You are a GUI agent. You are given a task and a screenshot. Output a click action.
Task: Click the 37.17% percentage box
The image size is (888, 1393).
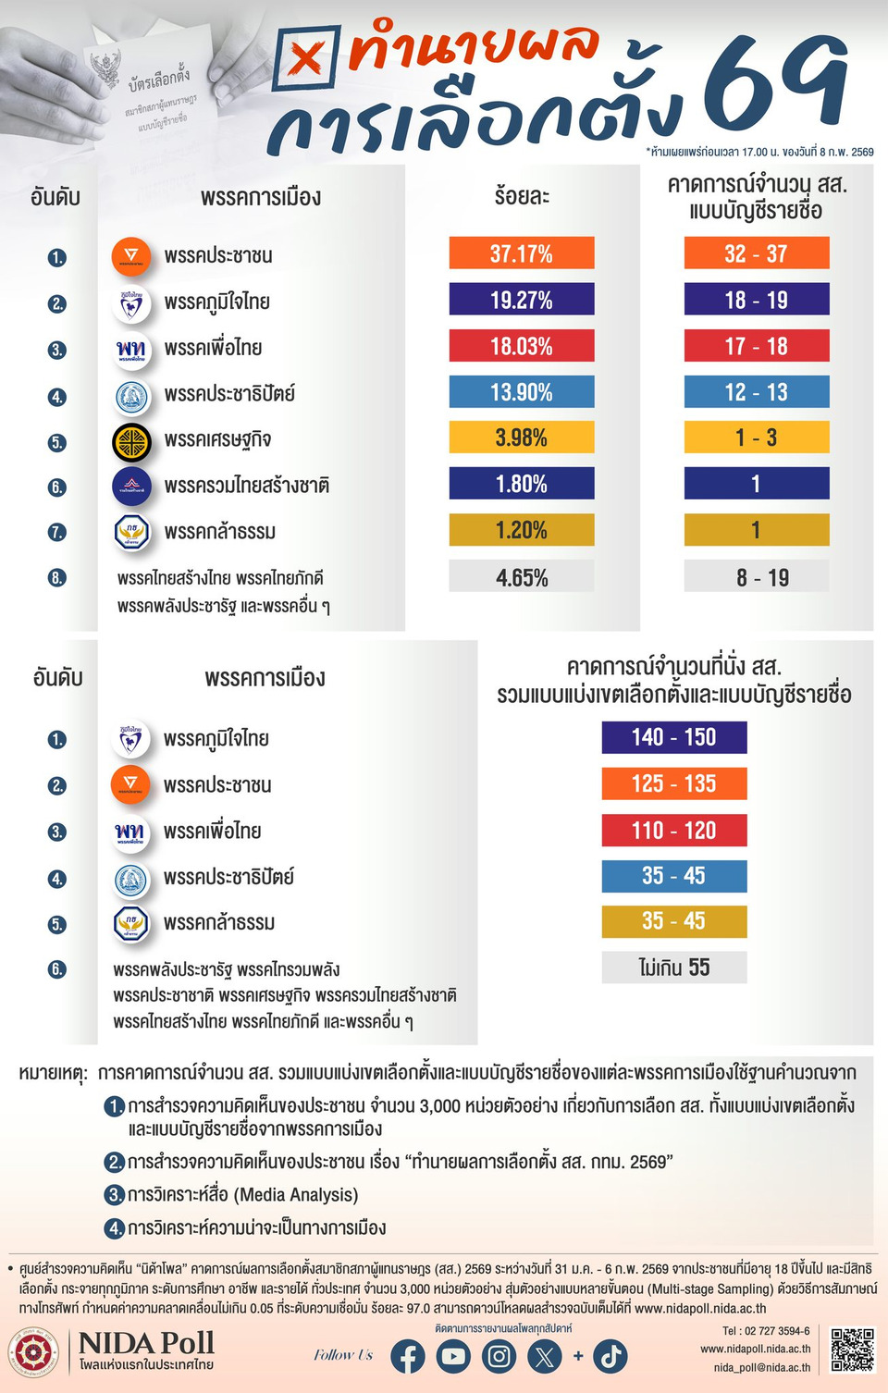(522, 253)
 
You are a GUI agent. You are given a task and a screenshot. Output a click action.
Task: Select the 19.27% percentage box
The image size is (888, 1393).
(522, 300)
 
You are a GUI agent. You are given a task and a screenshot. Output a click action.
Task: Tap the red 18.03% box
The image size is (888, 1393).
(522, 346)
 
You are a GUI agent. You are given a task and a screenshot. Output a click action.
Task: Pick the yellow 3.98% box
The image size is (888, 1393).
(522, 438)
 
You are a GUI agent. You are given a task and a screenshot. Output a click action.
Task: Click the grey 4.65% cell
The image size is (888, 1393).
(522, 577)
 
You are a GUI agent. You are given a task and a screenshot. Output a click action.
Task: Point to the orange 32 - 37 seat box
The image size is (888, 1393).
(756, 253)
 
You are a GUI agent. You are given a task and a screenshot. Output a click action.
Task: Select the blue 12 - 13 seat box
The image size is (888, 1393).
(756, 392)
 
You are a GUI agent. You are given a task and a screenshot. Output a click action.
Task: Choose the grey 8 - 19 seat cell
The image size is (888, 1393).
(756, 577)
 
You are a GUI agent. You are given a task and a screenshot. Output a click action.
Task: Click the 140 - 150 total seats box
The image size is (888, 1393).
(674, 737)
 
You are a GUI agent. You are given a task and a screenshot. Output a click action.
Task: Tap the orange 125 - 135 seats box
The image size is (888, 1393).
(674, 783)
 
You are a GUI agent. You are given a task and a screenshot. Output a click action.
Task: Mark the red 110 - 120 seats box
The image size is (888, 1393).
(674, 830)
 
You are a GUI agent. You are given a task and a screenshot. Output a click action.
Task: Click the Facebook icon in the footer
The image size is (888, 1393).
(408, 1357)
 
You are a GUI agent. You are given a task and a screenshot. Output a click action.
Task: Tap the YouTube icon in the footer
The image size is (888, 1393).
(453, 1357)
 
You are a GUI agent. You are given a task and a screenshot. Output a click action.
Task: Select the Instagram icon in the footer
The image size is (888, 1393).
(499, 1357)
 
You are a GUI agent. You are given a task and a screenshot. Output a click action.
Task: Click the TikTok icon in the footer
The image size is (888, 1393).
(610, 1357)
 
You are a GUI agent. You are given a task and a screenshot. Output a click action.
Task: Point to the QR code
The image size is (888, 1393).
(852, 1350)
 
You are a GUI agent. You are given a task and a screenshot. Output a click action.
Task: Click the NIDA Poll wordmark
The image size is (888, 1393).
(146, 1343)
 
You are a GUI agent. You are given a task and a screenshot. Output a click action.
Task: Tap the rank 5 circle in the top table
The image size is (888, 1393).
(57, 442)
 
